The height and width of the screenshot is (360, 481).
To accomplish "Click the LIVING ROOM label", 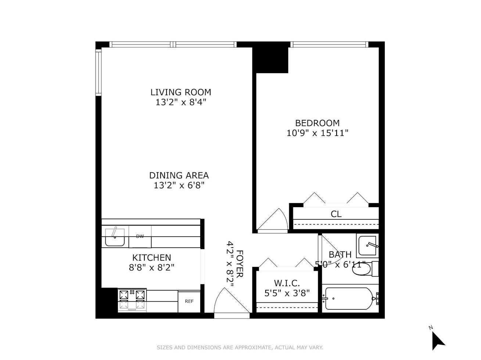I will point(180,92).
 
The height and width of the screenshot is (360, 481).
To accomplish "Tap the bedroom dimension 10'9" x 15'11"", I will point(317,133).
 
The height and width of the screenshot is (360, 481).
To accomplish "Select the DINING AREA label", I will point(179,176).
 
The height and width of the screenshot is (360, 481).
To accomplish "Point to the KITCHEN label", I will point(151,258).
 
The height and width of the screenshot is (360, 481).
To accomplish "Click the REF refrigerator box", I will point(189,301).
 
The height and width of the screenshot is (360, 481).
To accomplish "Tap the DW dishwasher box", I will point(140,237).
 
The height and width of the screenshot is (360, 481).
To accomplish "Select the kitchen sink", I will point(115,237).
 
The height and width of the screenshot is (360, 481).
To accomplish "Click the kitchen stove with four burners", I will point(132,300).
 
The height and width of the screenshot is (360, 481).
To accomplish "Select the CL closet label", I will point(336,214).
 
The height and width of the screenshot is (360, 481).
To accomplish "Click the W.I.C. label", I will point(287,283).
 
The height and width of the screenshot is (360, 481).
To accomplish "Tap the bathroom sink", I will point(367,245).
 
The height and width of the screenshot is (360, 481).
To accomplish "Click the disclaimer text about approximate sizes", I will point(240,347).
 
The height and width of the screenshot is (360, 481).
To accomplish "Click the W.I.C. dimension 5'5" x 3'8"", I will point(287,293).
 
